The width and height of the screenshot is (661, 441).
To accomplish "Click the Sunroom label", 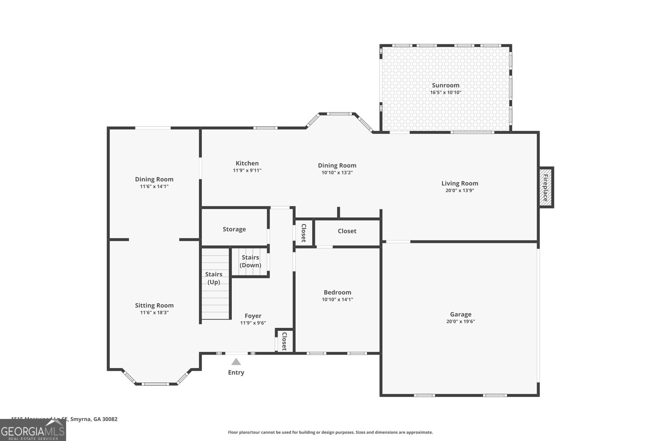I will pos(445,85).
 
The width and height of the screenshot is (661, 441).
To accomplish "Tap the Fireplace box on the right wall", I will pos(546,188).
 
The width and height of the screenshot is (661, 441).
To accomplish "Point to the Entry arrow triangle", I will pos(236,362).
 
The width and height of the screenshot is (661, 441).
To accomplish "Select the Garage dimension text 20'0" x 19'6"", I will pos(460,322).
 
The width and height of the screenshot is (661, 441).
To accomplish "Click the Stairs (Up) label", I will pos(214,278).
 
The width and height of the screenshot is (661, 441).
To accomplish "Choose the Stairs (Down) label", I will pos(250,261).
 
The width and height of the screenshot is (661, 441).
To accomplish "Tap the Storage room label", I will pos(234,229).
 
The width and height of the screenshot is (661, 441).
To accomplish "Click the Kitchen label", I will pos(247,163).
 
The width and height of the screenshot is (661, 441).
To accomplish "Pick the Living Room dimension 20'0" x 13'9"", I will pos(459,191).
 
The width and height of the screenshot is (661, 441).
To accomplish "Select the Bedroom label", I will pos(337,292).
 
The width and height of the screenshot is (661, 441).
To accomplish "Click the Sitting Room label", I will pos(154,305).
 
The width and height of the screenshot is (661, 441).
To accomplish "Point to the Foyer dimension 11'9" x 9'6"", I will pos(253,323).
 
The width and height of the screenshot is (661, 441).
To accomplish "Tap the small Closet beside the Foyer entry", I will pos(284,341).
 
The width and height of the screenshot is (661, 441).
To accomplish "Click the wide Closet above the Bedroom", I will pos(347,231).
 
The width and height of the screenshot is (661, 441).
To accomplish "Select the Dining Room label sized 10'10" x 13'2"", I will pos(337,165).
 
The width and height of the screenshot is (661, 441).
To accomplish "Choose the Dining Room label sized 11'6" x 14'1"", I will pos(154,179).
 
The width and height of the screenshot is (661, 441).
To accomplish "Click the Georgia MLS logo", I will pos(33,430).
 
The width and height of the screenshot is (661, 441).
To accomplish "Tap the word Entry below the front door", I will pos(236,372).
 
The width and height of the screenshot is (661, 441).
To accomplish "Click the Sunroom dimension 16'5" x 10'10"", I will pos(445,93).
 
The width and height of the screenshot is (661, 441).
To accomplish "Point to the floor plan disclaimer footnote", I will pos(330,432).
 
